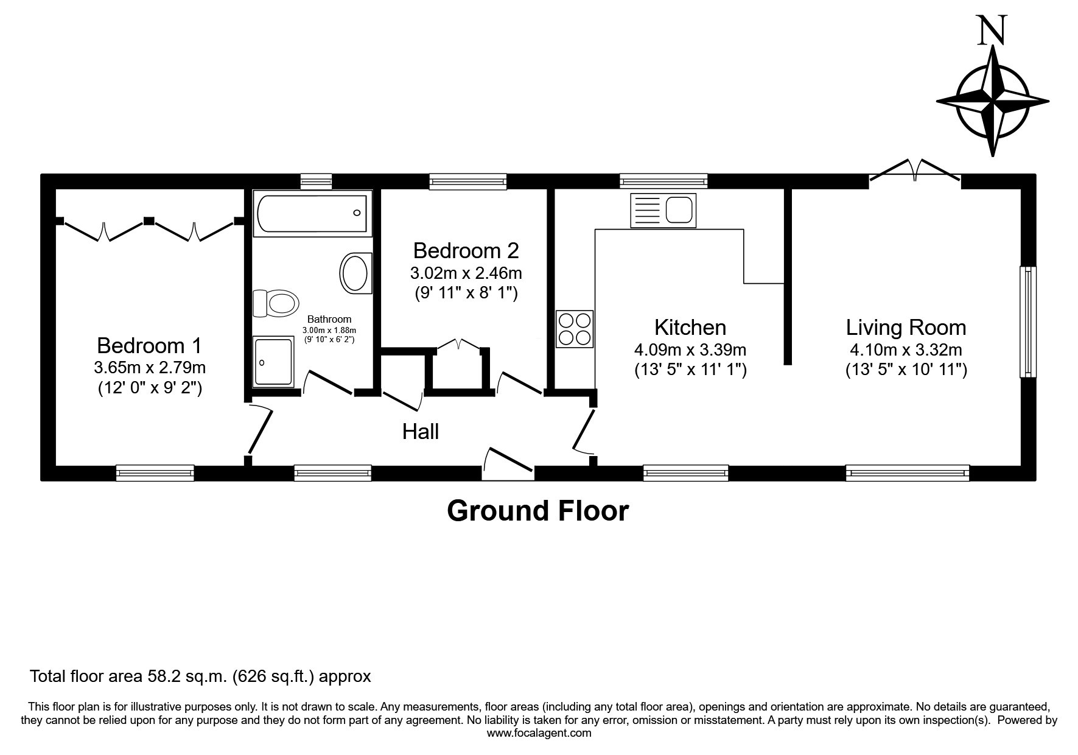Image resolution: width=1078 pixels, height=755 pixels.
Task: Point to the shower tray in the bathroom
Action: click(273, 362)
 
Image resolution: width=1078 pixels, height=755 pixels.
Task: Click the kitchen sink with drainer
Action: click(663, 210)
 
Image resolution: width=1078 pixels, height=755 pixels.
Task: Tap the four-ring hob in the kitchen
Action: click(574, 329)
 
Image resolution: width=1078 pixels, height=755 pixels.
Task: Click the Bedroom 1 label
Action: click(149, 346)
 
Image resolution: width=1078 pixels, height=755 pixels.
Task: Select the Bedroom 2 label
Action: click(466, 251)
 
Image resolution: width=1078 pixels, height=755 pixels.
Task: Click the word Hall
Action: click(421, 432)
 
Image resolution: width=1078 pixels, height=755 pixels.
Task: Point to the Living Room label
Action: click(906, 328)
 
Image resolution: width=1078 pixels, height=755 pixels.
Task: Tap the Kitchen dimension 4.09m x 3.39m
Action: click(690, 350)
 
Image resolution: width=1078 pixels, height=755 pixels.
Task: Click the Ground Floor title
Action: click(537, 510)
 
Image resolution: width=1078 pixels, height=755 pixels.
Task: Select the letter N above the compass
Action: click(992, 31)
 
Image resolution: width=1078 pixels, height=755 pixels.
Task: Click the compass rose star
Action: click(993, 101)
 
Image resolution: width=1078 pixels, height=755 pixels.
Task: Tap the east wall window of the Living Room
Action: click(1028, 321)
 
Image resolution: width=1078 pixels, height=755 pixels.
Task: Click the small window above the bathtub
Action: click(317, 181)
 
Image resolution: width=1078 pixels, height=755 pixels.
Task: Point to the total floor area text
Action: click(200, 676)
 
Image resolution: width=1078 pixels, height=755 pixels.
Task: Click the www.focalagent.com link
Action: click(539, 733)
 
